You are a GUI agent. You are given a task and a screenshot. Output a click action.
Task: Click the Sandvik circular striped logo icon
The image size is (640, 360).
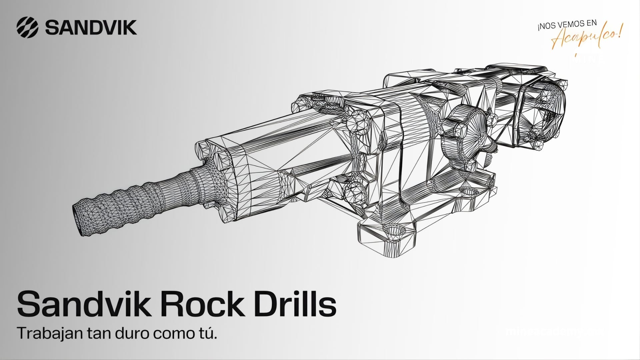[27, 27]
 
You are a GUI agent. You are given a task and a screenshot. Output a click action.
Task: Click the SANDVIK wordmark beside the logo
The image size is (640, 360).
[91, 27]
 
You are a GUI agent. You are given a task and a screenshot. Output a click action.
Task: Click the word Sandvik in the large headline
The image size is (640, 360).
[83, 304]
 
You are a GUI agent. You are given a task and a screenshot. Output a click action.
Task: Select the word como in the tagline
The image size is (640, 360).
[172, 334]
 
